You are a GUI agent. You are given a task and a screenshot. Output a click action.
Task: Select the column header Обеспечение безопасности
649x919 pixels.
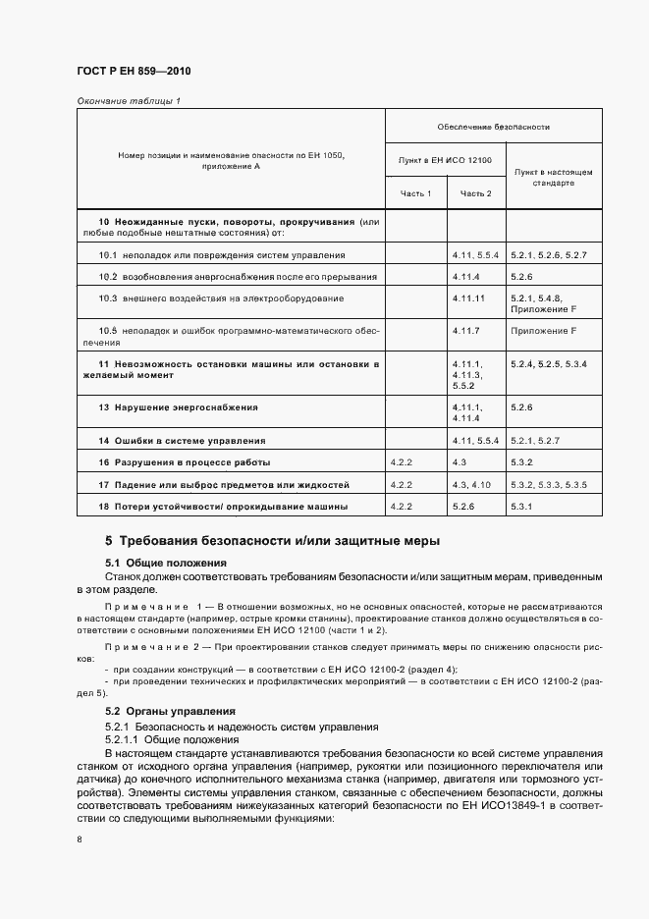pos(493,127)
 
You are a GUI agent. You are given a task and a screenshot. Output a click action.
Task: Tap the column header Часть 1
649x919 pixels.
pos(415,193)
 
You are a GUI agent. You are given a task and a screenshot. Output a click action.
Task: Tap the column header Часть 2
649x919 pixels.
pos(476,193)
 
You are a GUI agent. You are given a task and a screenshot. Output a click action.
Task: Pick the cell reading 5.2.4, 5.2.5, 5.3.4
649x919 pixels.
pos(548,364)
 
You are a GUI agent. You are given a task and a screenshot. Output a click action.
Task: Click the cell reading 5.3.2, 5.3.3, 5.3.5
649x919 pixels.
pos(548,484)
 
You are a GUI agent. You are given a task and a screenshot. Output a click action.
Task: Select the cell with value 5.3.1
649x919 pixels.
pos(521,506)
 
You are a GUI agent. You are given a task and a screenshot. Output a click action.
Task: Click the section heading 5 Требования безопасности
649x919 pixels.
pos(273,540)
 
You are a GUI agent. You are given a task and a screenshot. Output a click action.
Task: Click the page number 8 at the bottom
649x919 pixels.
pos(79,838)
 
